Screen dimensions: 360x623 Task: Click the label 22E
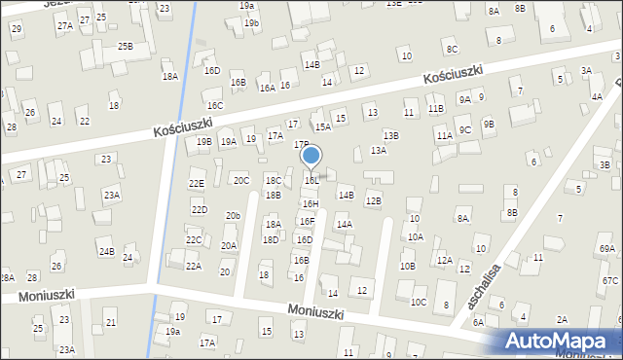(197, 183)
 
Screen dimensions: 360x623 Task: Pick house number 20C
(240, 180)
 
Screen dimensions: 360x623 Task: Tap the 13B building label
(390, 135)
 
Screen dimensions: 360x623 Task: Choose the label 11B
(435, 109)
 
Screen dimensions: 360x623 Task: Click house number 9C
(465, 129)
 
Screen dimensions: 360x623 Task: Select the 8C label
(451, 49)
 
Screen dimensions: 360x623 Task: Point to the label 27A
(64, 26)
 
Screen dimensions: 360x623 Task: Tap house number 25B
(126, 46)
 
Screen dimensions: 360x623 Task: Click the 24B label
(105, 252)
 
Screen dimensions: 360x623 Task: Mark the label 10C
(418, 302)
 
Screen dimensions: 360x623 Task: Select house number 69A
(607, 249)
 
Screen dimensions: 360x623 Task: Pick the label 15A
(322, 126)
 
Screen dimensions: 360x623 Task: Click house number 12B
(373, 200)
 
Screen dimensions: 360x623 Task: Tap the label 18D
(271, 239)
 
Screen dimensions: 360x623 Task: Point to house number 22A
(194, 266)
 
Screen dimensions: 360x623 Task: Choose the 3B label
(605, 164)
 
